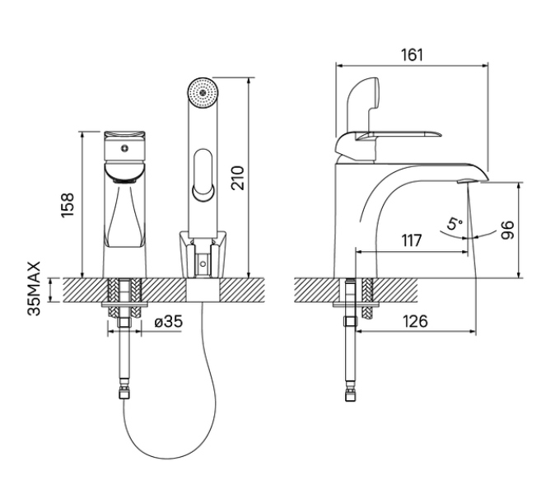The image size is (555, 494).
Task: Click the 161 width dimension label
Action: (411, 55)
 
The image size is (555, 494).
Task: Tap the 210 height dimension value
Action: (237, 176)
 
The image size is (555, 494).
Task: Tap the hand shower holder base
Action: (201, 255)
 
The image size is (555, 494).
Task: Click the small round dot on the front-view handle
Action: (124, 149)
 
